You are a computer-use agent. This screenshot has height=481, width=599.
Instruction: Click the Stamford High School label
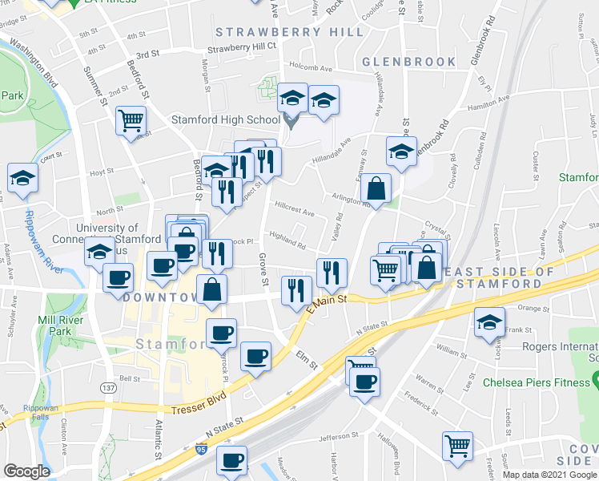225,120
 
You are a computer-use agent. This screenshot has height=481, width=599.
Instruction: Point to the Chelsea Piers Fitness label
536,382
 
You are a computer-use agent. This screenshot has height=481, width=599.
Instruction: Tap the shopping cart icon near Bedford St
131,122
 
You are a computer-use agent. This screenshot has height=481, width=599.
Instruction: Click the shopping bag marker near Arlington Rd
376,190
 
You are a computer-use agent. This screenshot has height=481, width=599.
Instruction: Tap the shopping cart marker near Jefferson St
457,445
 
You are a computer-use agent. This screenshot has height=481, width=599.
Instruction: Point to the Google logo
26,471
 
